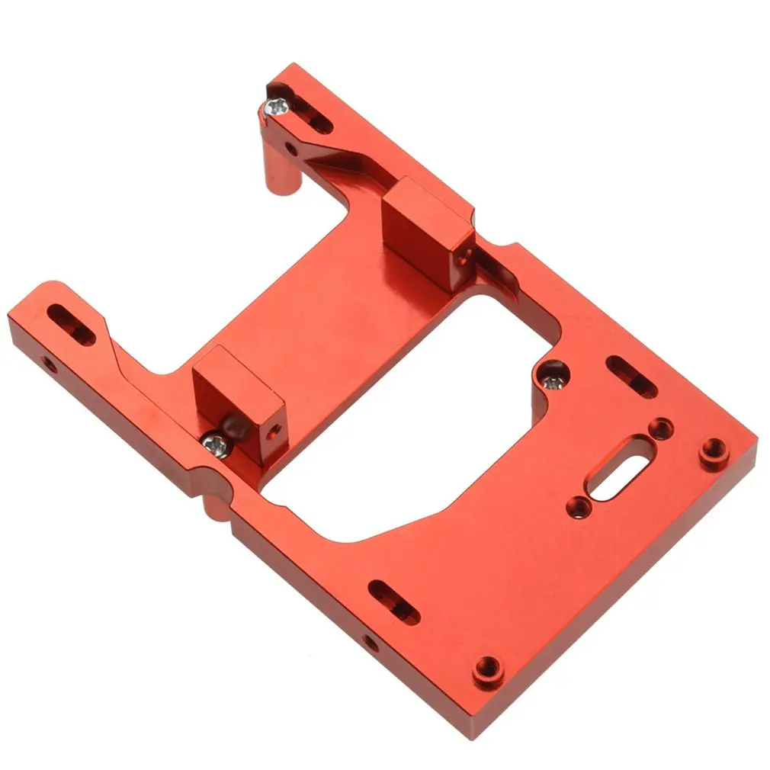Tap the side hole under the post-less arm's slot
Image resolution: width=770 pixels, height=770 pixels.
(x=49, y=364)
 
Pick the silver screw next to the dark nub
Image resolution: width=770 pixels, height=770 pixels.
(x=217, y=443)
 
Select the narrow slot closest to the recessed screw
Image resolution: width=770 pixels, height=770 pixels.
(x=631, y=376)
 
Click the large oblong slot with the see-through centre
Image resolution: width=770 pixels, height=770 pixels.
(x=616, y=467)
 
